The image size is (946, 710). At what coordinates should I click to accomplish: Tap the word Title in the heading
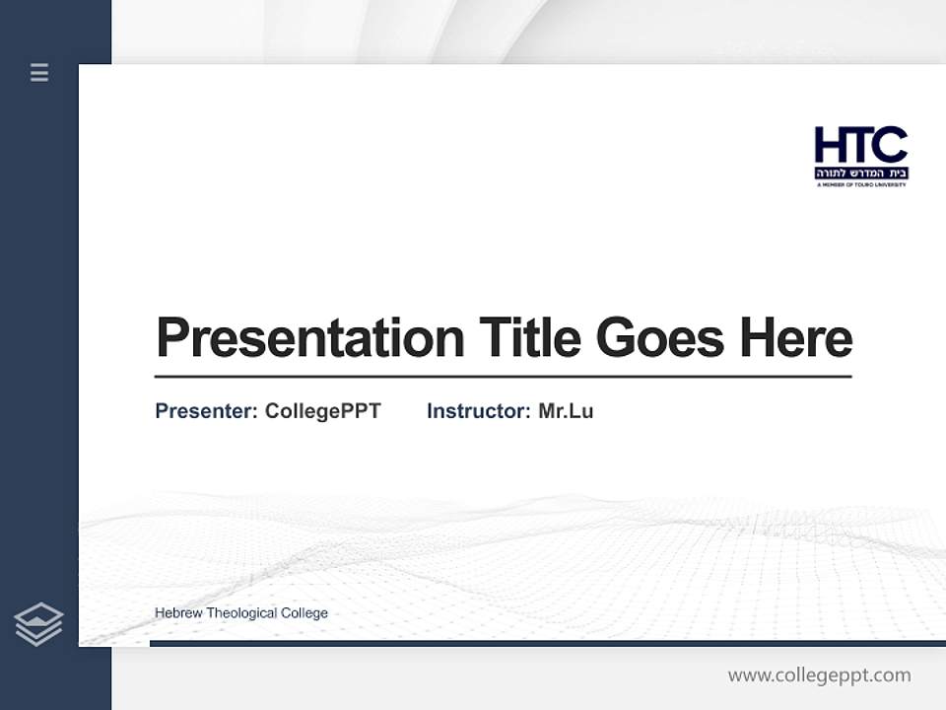click(529, 338)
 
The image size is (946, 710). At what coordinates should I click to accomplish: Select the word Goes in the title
click(659, 338)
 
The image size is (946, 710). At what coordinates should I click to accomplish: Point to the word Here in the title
click(795, 338)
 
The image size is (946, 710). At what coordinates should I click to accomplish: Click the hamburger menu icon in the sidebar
click(39, 72)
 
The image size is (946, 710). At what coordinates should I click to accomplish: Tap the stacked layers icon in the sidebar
click(38, 624)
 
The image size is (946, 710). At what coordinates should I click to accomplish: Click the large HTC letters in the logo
click(860, 146)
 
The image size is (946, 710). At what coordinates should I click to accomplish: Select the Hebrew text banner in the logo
click(860, 173)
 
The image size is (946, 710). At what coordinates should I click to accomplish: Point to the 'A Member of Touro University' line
click(860, 184)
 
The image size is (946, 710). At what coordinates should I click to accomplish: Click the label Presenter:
click(206, 411)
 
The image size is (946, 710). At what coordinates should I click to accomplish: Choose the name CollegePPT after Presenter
click(322, 411)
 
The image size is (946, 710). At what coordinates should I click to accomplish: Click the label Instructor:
click(479, 411)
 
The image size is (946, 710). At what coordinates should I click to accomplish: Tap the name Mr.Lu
click(566, 411)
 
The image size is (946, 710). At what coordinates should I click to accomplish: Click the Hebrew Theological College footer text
click(241, 613)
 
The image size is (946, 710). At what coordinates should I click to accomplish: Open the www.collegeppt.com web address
click(819, 675)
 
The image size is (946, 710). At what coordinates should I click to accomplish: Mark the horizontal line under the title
click(503, 377)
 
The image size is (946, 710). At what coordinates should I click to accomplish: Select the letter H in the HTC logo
click(830, 146)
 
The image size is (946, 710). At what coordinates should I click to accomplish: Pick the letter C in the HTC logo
click(890, 146)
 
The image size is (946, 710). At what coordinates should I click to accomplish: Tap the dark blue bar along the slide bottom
click(547, 643)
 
